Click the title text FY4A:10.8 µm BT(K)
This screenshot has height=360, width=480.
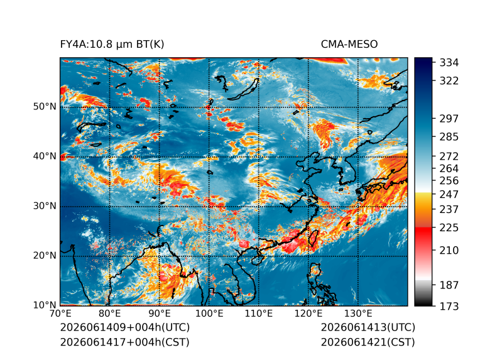click(112, 45)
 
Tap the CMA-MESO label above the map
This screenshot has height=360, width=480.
click(349, 45)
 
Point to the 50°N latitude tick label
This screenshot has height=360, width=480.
click(45, 107)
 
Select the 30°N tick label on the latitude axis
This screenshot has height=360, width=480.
click(45, 206)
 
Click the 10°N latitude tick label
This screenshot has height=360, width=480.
click(45, 305)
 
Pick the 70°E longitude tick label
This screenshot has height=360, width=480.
click(60, 314)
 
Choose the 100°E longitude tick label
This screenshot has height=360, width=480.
click(209, 314)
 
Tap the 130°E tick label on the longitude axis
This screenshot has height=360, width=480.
click(358, 314)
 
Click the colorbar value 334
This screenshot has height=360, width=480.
click(449, 63)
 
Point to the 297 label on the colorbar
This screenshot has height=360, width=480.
click(449, 119)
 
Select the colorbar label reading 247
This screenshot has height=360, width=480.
click(449, 194)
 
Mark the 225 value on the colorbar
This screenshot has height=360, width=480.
click(449, 228)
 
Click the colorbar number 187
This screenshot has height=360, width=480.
click(449, 285)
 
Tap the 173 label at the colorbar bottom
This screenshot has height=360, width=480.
click(449, 306)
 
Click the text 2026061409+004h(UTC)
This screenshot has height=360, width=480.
click(125, 327)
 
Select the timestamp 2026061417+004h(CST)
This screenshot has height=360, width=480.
click(124, 342)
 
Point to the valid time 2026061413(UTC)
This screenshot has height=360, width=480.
click(368, 327)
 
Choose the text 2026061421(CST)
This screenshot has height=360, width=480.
click(368, 342)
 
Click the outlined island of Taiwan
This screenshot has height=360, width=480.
click(314, 239)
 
